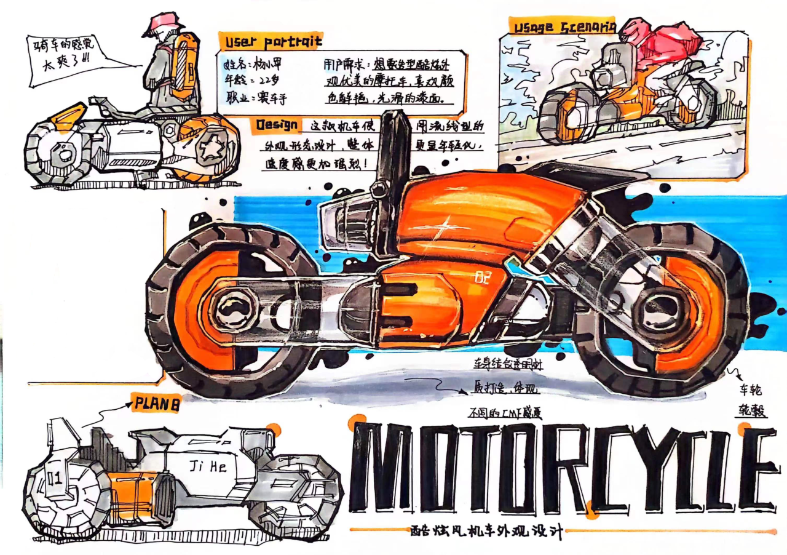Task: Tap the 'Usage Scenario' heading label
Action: (563, 26)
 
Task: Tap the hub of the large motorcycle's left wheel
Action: (231, 308)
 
